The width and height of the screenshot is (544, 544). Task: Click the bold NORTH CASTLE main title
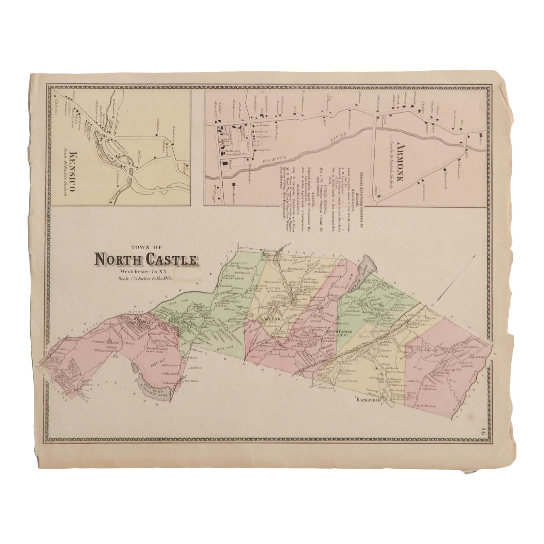point(146,260)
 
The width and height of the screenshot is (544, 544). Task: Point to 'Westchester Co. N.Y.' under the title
point(145,271)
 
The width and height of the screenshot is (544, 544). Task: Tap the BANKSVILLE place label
point(368,401)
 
